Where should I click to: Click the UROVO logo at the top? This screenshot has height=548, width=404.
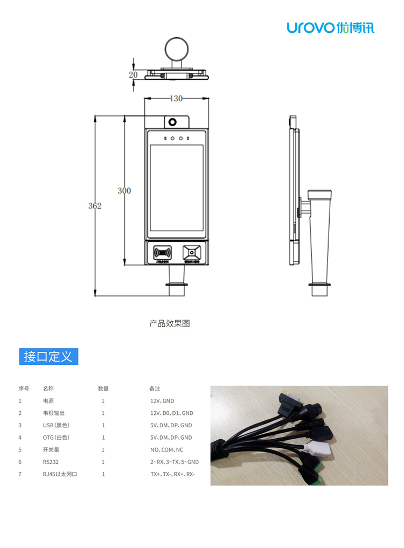point(330,27)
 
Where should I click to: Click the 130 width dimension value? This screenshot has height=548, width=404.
point(176,98)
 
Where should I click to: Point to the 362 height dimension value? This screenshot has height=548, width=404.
point(95,205)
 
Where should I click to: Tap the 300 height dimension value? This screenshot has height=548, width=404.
point(124,190)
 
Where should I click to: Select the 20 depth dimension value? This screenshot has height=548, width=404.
point(133,75)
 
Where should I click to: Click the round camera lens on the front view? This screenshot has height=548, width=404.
point(173,121)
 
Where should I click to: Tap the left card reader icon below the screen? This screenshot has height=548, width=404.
point(162,252)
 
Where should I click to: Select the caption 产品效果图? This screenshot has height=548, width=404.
point(170,323)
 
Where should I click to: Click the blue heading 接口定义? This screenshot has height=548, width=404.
point(48,356)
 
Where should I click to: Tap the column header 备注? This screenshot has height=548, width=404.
point(155,389)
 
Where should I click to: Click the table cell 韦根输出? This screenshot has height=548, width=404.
point(54,413)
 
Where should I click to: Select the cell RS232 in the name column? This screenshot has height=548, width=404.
point(51,462)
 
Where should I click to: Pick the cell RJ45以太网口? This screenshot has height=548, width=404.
point(60,474)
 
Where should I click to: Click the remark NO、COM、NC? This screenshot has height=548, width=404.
point(166,449)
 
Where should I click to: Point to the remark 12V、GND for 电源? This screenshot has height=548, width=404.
point(162,401)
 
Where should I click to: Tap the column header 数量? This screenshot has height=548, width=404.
point(103,389)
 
